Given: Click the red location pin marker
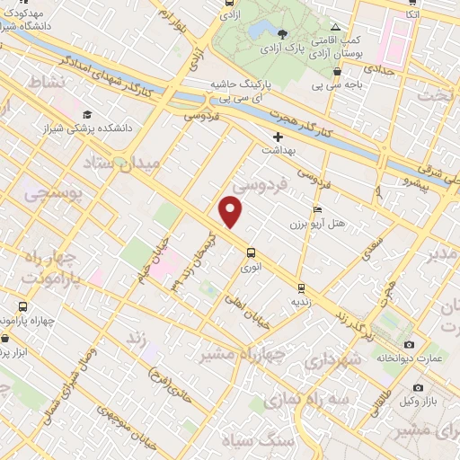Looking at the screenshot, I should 231,212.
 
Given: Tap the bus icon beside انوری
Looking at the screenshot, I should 251,252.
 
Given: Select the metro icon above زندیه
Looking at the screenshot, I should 301,287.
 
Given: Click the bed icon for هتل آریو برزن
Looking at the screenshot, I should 317,209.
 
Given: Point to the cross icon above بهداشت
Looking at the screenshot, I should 278,136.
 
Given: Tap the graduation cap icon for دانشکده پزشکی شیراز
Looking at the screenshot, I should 87,114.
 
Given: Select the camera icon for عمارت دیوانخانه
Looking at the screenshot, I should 410,344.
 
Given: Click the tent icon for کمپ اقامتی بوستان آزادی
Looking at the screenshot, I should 336,27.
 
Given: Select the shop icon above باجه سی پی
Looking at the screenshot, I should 337,72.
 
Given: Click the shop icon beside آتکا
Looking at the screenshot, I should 412,3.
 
